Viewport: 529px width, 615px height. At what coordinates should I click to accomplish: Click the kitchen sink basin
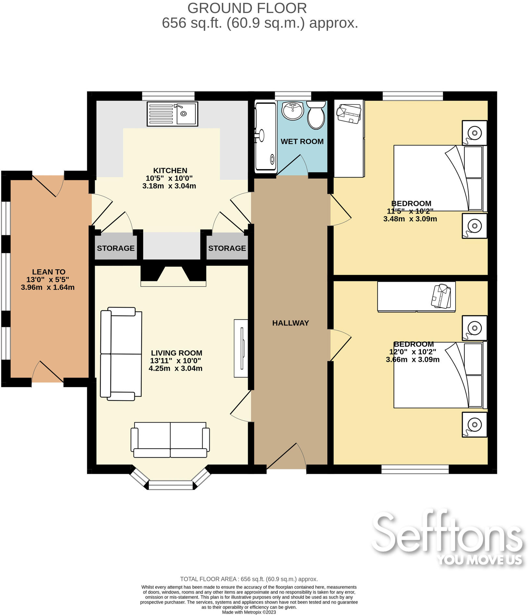point(186,114)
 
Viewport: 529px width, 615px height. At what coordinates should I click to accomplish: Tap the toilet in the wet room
point(316,115)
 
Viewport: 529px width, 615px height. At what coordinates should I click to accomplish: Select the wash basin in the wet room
point(293,111)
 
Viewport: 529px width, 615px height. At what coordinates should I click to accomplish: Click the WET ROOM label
point(302,141)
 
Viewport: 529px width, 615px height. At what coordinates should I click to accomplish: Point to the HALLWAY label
point(290,323)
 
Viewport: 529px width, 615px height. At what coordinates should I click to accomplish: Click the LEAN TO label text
point(49,272)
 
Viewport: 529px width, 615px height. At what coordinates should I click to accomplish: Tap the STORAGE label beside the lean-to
point(116,248)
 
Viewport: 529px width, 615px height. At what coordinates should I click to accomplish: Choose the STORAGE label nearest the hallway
point(227,248)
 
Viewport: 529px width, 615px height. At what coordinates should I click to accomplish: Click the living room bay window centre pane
point(171,485)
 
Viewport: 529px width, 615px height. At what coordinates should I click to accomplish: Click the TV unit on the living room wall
point(241,348)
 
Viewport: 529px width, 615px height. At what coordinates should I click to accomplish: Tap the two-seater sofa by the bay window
point(170,440)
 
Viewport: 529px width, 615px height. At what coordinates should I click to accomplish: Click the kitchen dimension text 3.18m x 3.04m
point(169,186)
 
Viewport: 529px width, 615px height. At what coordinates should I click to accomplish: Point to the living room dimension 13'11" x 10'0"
point(175,361)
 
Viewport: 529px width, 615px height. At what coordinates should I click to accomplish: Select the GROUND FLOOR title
point(247,8)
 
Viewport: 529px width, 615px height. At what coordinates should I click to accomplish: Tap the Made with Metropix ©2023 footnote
point(249,612)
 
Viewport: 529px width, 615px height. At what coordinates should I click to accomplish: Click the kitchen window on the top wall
point(168,96)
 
